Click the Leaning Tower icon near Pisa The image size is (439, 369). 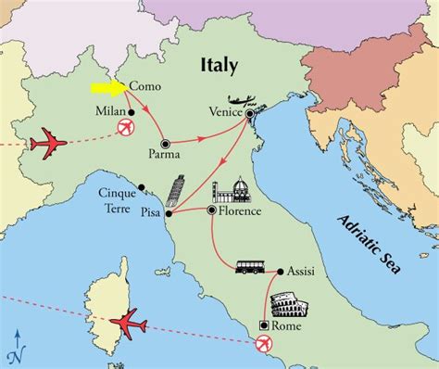[176, 197]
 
